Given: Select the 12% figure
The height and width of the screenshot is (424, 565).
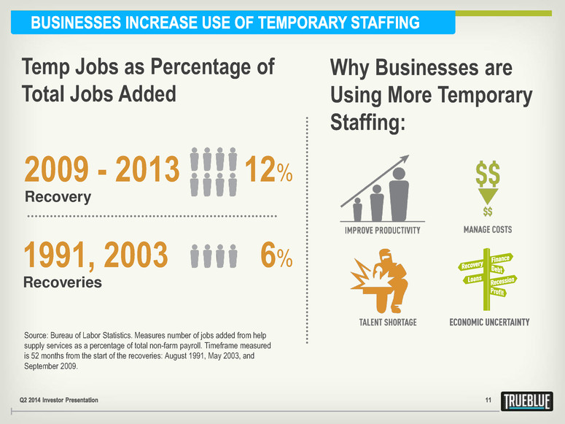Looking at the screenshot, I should pyautogui.click(x=269, y=171).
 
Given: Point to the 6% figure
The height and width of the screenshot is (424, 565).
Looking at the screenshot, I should pyautogui.click(x=276, y=255).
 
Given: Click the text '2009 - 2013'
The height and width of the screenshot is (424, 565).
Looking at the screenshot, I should pyautogui.click(x=102, y=171).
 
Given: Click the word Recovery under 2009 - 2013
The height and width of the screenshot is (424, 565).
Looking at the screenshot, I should pyautogui.click(x=58, y=197).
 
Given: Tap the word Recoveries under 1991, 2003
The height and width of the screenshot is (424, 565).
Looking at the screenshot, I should pyautogui.click(x=63, y=282).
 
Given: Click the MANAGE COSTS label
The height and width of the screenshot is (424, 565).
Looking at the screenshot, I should pyautogui.click(x=488, y=230).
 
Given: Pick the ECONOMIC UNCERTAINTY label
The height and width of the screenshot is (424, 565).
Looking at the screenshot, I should pyautogui.click(x=488, y=322).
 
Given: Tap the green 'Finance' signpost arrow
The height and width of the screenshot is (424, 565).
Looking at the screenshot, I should pyautogui.click(x=499, y=258).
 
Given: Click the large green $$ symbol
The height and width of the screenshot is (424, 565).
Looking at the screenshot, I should pyautogui.click(x=488, y=175).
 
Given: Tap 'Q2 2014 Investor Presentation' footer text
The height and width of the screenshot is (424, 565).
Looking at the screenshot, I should pyautogui.click(x=66, y=400).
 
